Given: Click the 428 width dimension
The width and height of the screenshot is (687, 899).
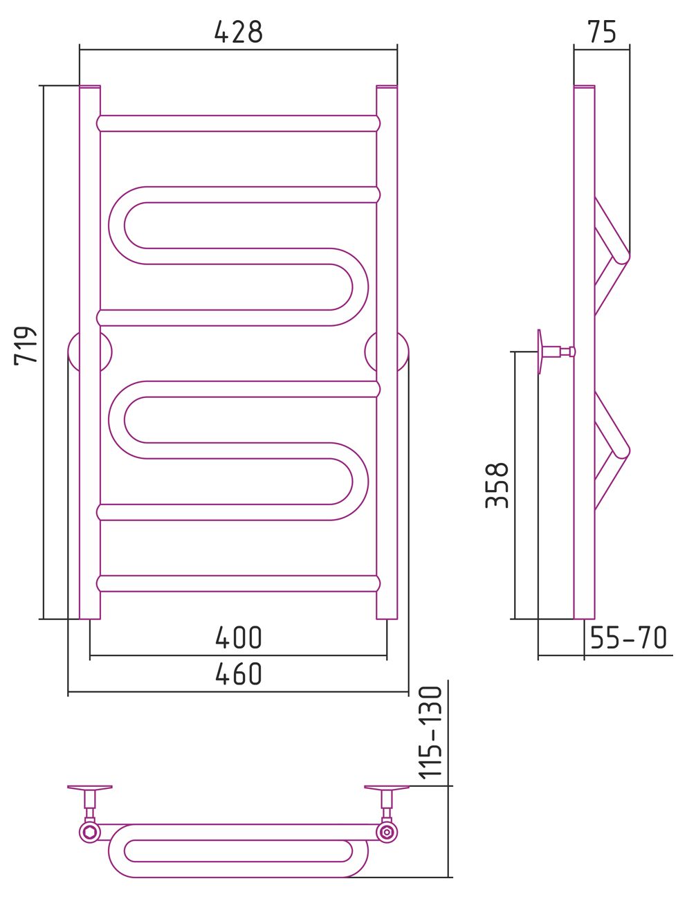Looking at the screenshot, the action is tap(238, 32).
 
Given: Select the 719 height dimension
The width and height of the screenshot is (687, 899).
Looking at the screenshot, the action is tap(26, 345).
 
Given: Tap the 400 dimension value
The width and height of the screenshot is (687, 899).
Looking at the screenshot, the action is tap(238, 637).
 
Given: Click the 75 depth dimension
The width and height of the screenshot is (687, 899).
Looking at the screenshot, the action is tap(602, 32).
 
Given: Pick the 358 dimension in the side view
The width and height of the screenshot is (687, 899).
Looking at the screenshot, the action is tap(497, 485).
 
